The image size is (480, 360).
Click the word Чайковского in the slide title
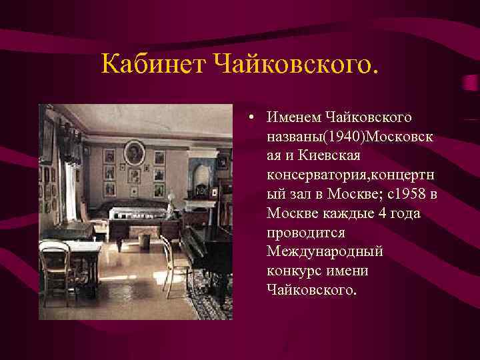coord(295,65)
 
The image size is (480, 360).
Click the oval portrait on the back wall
coord(135,151)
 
